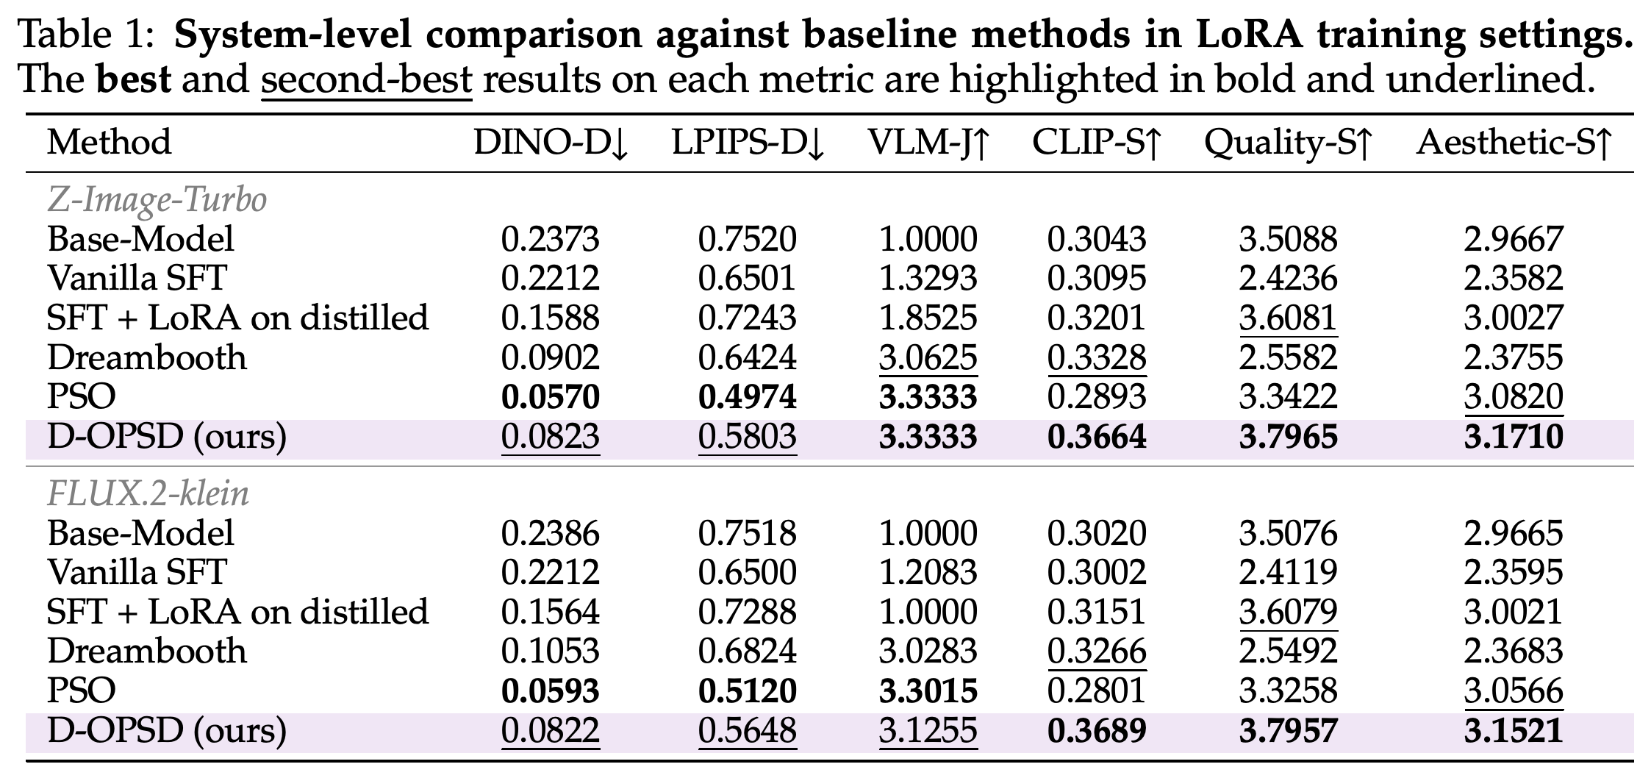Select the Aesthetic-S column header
point(1514,142)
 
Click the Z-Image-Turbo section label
point(157,199)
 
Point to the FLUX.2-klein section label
point(148,493)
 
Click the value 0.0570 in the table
point(551,397)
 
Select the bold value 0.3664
point(1097,436)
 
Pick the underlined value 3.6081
point(1288,318)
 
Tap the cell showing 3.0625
point(928,357)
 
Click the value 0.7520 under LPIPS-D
point(748,240)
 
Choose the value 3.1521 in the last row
point(1514,730)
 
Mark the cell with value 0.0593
point(551,691)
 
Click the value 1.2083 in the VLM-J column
point(928,573)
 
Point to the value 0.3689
point(1097,730)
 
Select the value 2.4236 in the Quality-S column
point(1288,279)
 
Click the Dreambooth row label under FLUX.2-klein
point(147,652)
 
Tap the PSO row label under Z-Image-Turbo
point(82,397)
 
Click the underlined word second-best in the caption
point(366,79)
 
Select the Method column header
point(109,142)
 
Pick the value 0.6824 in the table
point(748,652)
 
